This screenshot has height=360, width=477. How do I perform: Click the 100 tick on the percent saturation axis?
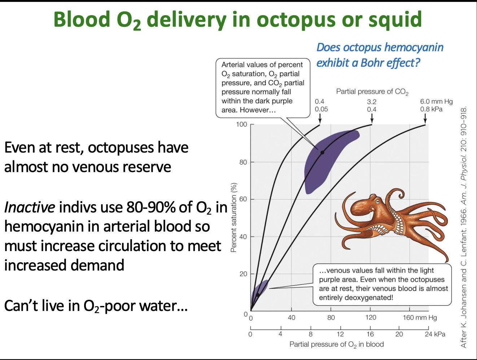click(242, 124)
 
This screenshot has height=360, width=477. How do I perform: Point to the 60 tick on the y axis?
click(243, 199)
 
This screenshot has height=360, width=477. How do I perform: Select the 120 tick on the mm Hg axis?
click(371, 317)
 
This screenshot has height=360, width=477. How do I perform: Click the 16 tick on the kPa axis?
click(370, 334)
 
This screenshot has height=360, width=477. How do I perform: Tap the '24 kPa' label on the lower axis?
click(435, 334)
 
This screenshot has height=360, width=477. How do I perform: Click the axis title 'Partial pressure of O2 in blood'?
click(336, 344)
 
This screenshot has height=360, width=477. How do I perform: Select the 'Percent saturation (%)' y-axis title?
click(234, 218)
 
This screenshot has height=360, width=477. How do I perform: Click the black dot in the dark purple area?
click(322, 153)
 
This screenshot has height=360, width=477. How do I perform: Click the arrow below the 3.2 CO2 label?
click(372, 119)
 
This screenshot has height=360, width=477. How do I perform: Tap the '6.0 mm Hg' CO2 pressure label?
click(436, 102)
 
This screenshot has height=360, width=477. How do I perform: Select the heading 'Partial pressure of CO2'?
click(372, 92)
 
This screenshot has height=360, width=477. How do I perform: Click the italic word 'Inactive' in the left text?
click(30, 207)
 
